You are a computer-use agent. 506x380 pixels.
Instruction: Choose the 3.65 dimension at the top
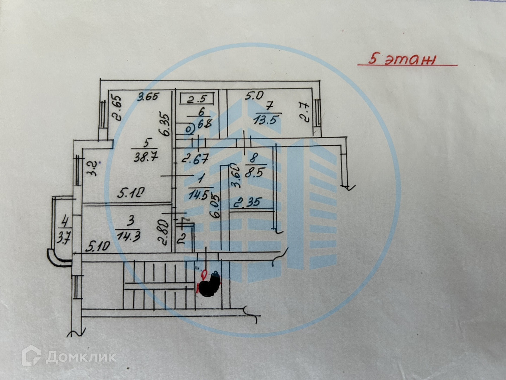pyautogui.click(x=148, y=97)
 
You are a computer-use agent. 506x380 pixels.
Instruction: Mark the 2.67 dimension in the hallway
pyautogui.click(x=195, y=159)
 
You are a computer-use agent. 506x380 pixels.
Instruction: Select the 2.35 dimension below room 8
pyautogui.click(x=248, y=202)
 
